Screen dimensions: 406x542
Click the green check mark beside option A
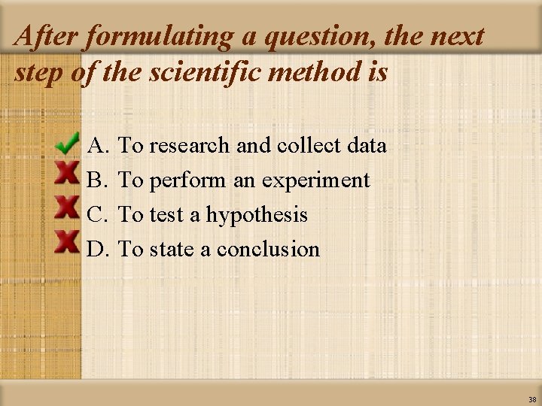pyautogui.click(x=68, y=141)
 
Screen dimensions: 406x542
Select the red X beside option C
pyautogui.click(x=68, y=207)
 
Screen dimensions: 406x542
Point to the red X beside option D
pyautogui.click(x=68, y=241)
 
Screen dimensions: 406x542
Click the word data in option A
pyautogui.click(x=368, y=145)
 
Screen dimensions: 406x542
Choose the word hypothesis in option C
pyautogui.click(x=257, y=215)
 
